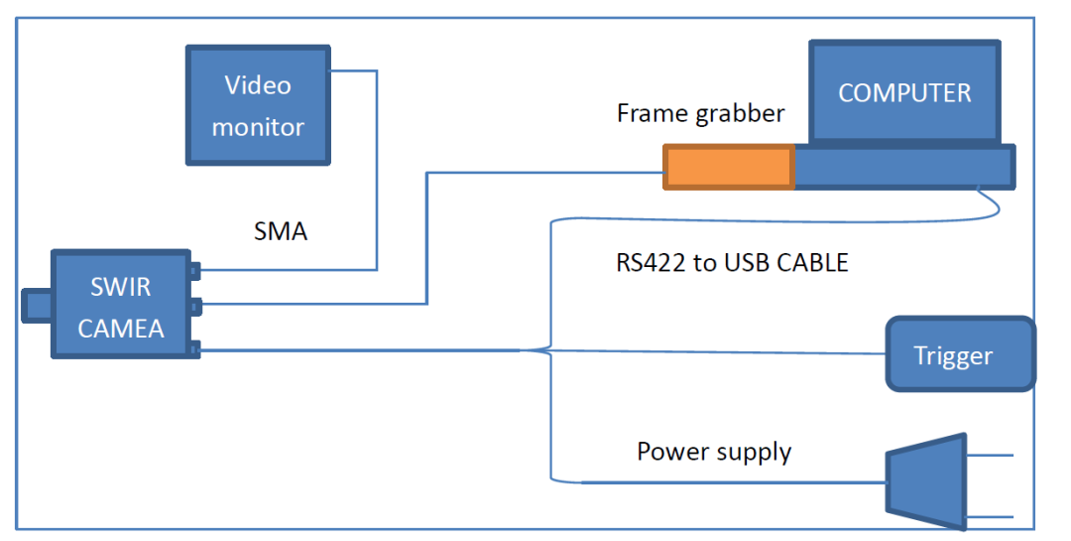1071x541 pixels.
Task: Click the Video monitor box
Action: click(258, 105)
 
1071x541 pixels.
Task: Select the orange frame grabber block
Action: click(729, 167)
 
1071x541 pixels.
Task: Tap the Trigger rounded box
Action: click(960, 354)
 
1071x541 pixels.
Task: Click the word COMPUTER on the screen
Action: click(904, 93)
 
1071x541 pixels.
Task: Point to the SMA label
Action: click(281, 232)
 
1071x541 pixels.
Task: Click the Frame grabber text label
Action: click(701, 113)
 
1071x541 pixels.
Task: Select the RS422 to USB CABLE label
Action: click(732, 263)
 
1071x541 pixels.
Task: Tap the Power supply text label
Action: click(714, 452)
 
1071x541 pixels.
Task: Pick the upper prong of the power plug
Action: click(990, 455)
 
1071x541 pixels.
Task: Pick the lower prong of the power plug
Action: click(990, 517)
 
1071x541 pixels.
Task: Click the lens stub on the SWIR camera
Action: click(37, 306)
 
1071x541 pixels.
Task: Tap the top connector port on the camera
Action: click(195, 271)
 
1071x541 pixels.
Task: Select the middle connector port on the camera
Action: click(196, 306)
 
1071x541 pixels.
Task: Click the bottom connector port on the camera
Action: click(195, 348)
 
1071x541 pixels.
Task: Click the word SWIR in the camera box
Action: click(121, 287)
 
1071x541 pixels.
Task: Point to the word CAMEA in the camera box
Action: click(121, 329)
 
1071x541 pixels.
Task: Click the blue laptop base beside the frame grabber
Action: click(904, 167)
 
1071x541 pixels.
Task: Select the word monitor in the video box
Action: click(258, 127)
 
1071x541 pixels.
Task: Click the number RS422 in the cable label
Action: click(651, 263)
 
